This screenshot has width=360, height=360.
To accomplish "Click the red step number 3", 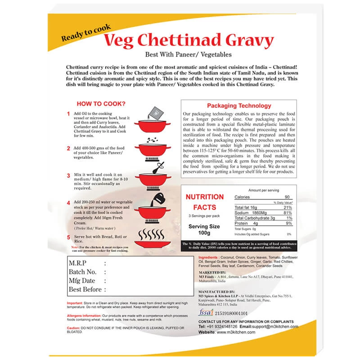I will click(68, 175).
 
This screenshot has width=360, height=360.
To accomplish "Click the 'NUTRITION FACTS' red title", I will click(205, 202).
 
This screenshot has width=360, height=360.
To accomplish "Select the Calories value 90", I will click(287, 198).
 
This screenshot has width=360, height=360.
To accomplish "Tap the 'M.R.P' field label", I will click(79, 263).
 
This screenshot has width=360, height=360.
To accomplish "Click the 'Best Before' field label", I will click(85, 289).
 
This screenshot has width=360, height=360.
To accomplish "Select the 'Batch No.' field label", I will click(82, 272).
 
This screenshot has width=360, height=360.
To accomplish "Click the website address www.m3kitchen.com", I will click(236, 332).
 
